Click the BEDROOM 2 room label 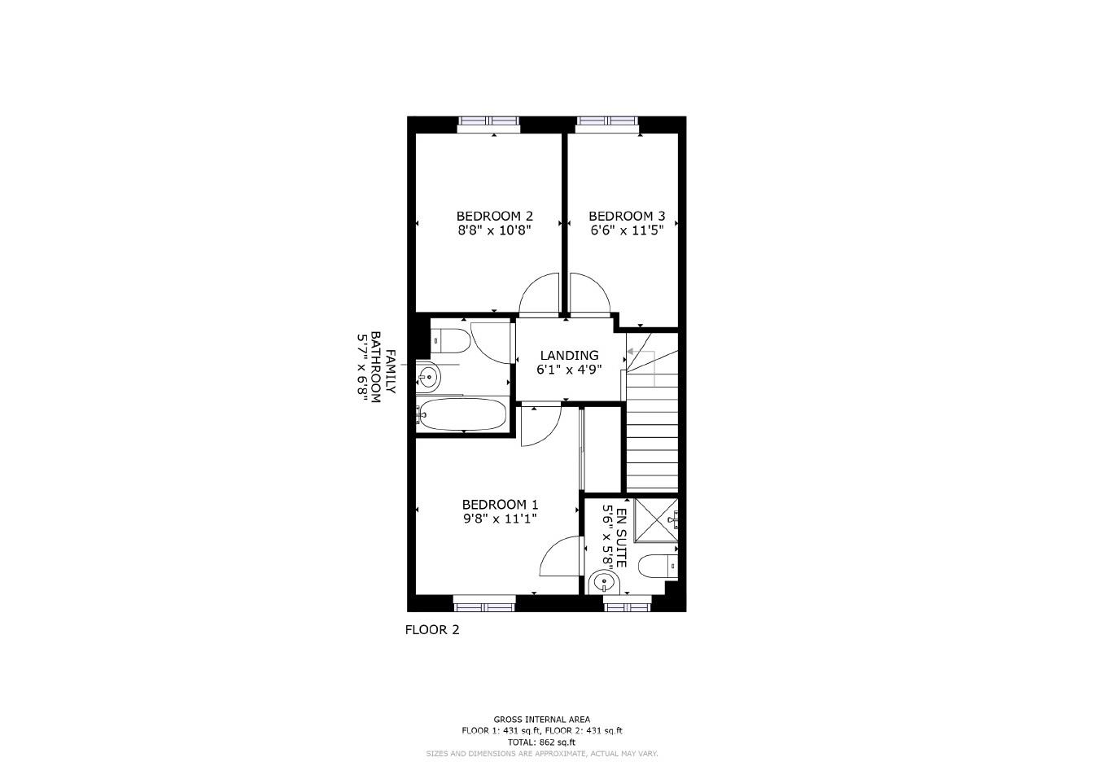coord(494,216)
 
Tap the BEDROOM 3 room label coord(627,216)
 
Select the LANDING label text coord(570,355)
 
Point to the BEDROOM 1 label coord(500,505)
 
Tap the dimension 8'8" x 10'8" coord(494,230)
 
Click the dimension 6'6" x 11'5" coord(627,230)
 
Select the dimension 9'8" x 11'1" coord(500,519)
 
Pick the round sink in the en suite coord(605,581)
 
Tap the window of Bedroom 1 coord(484,603)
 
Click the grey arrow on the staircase coord(631,352)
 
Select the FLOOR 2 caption coord(432,629)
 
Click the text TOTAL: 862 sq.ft coord(541,742)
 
